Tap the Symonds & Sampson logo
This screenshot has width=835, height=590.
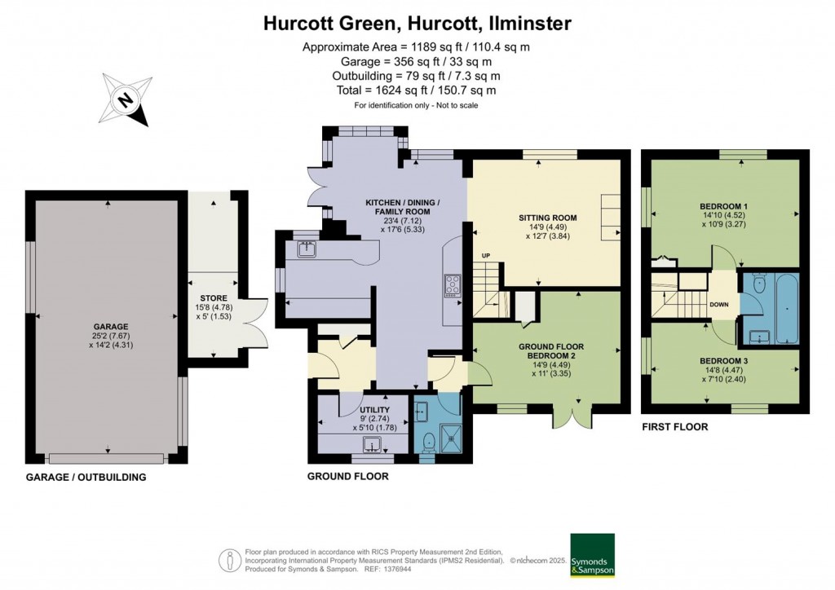(592, 555)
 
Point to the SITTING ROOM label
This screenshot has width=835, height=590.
(548, 218)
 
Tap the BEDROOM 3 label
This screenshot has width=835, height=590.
(723, 360)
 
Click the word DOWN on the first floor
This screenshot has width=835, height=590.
(719, 305)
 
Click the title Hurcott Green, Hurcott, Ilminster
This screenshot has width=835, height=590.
(417, 24)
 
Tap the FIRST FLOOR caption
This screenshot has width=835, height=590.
(674, 426)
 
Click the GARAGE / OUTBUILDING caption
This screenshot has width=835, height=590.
(86, 477)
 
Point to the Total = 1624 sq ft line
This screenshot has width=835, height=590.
(417, 90)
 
